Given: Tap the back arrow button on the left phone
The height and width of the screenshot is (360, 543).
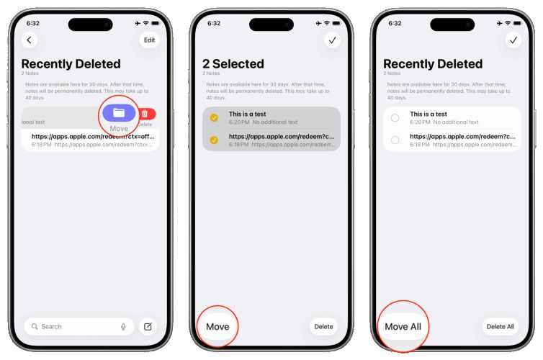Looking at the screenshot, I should pyautogui.click(x=30, y=40).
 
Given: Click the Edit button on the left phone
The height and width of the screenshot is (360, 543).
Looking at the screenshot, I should pyautogui.click(x=149, y=40).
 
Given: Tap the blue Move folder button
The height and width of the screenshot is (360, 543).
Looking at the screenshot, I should pyautogui.click(x=119, y=113).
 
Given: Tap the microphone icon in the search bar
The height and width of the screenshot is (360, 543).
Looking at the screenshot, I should pyautogui.click(x=124, y=327).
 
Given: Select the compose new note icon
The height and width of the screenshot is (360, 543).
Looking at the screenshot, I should pyautogui.click(x=148, y=327).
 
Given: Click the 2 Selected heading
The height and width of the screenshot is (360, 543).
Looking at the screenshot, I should pyautogui.click(x=233, y=64).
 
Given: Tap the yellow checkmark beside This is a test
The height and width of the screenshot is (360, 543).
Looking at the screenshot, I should pyautogui.click(x=214, y=118).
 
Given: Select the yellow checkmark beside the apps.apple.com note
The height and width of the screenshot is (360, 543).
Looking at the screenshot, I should pyautogui.click(x=214, y=140).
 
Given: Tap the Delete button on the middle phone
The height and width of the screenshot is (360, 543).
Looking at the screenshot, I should pyautogui.click(x=324, y=327).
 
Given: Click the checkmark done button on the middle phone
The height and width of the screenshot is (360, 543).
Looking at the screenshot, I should pyautogui.click(x=332, y=40).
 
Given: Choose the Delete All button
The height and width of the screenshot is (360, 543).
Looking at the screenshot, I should pyautogui.click(x=501, y=327).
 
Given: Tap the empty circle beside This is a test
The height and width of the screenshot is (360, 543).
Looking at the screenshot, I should pyautogui.click(x=395, y=118).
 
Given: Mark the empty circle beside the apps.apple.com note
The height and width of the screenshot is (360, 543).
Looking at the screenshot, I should pyautogui.click(x=395, y=140).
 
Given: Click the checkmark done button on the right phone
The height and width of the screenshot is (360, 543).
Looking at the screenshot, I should pyautogui.click(x=513, y=40).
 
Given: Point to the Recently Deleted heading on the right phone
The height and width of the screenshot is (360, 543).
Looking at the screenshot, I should pyautogui.click(x=432, y=64).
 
